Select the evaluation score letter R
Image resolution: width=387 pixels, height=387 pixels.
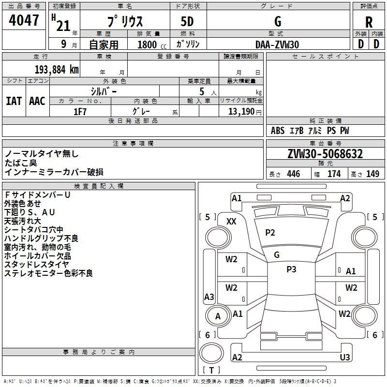369,22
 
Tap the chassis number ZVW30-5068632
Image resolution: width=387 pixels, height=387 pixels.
325,154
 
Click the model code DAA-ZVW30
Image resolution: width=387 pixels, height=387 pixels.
277,45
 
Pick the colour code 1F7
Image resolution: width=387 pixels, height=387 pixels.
80,111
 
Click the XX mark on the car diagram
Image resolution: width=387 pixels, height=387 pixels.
231,221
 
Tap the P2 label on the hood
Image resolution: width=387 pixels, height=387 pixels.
270,233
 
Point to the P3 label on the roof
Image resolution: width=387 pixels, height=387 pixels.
291,269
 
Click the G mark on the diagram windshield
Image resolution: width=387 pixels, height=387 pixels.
277,254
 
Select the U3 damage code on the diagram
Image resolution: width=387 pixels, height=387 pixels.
345,357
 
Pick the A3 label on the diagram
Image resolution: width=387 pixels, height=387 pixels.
209,297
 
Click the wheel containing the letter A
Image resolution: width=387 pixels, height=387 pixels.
218,316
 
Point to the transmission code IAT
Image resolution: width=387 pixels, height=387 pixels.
14,101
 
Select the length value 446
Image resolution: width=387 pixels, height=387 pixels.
293,174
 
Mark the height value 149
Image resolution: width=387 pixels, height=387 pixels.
372,174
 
